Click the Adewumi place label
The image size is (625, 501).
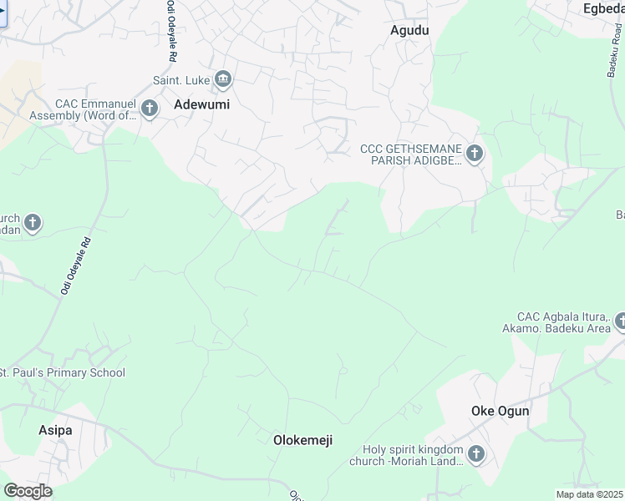coord(201,105)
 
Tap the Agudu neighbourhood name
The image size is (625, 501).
coord(409,30)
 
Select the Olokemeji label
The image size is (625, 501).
coord(303,439)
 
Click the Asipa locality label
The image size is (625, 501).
coord(55,430)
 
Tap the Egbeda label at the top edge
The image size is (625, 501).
coord(603,8)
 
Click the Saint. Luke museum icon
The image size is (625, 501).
coord(223,80)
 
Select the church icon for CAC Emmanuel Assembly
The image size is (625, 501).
coord(150,108)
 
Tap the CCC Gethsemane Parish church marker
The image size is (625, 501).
coord(475,153)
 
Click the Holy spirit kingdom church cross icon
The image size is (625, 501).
coord(475,454)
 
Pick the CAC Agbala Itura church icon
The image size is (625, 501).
coord(620,321)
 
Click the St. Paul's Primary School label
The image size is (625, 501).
coord(63,372)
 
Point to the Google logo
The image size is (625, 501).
coord(28,491)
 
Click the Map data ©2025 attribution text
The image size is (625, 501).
coord(589,494)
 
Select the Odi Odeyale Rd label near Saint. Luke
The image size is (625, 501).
coord(171,28)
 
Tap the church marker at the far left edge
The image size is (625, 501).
coord(33,223)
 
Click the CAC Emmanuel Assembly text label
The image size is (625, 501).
coord(94,109)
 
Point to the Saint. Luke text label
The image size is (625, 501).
coord(180,81)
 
